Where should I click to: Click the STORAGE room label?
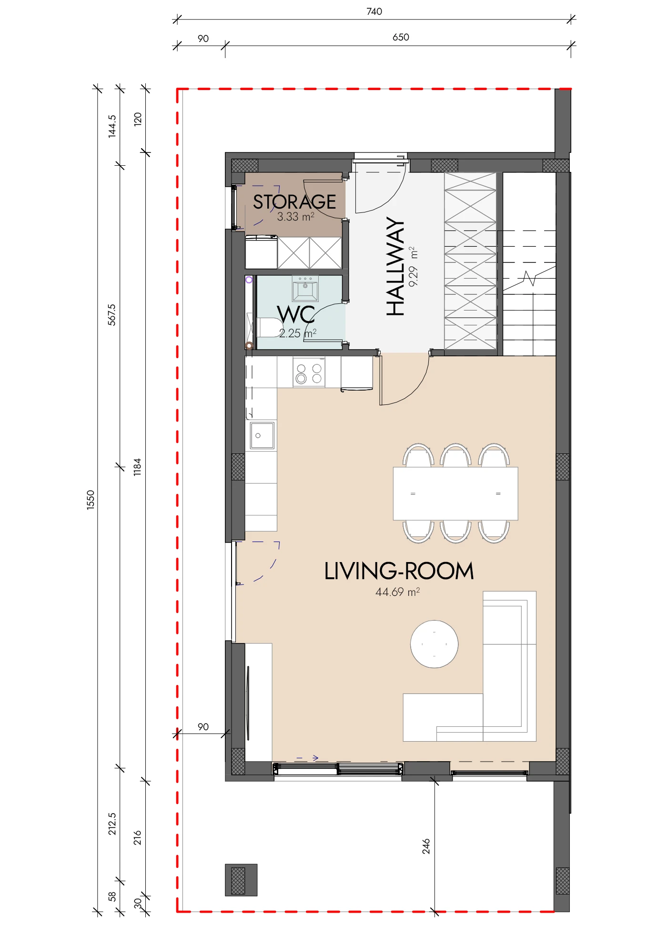coord(294,202)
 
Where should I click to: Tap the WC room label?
coord(296,315)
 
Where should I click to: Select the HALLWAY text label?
coord(395,266)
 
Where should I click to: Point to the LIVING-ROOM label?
coord(399,571)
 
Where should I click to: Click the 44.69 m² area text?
coord(398,592)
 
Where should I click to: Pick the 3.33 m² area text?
coord(296,217)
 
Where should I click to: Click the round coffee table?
coord(435,644)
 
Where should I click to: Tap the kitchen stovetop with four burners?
coord(309,373)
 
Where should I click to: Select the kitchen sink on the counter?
coord(262,435)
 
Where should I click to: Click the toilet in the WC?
coord(268,328)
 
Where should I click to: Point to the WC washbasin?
coord(305,289)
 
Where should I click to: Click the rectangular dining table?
coord(455,493)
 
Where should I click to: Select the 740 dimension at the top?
coord(374,11)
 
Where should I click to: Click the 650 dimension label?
coord(401,37)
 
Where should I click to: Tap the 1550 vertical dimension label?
coord(91,500)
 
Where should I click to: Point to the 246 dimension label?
coord(426,846)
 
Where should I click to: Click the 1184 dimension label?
coord(137,467)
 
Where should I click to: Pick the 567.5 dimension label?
coord(111,315)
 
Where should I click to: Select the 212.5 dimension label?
coord(111,824)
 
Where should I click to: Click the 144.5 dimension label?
coord(111,126)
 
